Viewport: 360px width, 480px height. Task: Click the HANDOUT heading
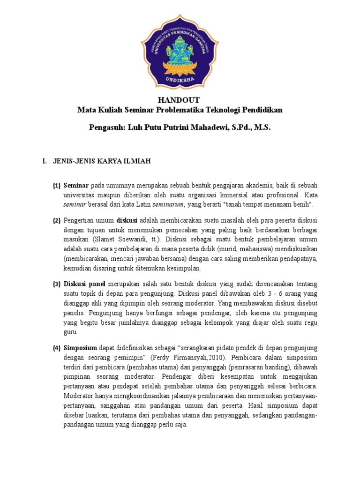coord(180,100)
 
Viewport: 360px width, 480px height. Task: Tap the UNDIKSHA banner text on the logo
coord(180,79)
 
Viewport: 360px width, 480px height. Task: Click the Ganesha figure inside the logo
coord(180,47)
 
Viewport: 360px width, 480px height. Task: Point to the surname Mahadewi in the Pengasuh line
coord(203,127)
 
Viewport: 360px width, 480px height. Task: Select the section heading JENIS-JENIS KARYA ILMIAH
coord(101,162)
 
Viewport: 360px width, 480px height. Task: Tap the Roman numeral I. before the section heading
coord(45,162)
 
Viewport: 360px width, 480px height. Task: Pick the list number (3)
coord(57,284)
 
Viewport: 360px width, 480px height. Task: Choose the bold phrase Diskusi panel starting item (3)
coord(84,284)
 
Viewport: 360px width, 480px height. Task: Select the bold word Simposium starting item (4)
coord(80,347)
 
